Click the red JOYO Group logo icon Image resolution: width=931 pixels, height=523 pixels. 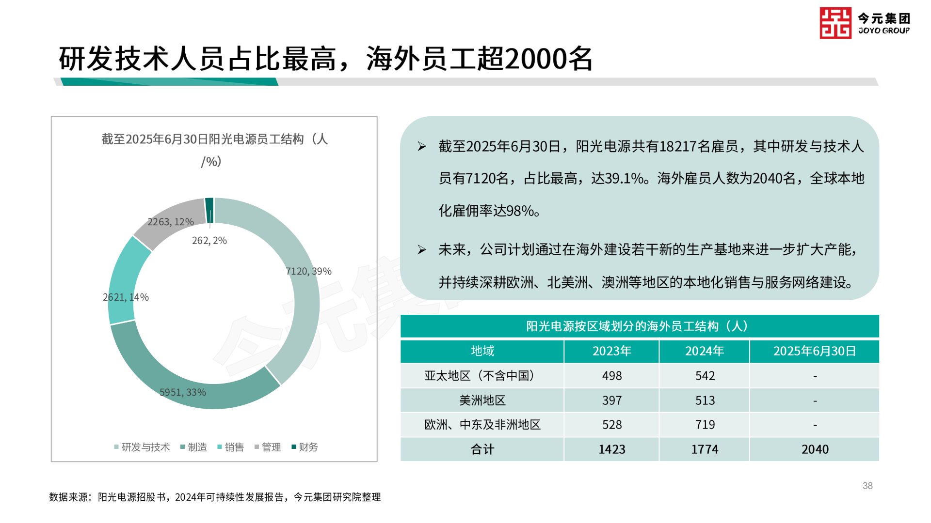click(x=835, y=23)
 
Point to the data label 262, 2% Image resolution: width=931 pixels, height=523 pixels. click(x=209, y=241)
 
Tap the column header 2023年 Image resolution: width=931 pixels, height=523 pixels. click(x=611, y=351)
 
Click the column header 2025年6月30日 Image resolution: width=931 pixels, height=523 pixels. click(x=814, y=351)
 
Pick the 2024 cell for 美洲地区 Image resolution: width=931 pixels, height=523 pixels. click(x=705, y=400)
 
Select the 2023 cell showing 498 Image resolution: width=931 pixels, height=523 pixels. click(x=611, y=376)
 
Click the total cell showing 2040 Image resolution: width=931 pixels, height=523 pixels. click(x=815, y=449)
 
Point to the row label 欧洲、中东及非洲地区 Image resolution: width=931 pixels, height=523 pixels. click(x=482, y=425)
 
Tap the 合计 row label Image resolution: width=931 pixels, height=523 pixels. click(x=482, y=449)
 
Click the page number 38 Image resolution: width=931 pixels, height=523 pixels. click(x=867, y=486)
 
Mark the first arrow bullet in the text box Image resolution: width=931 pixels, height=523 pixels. click(x=422, y=146)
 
